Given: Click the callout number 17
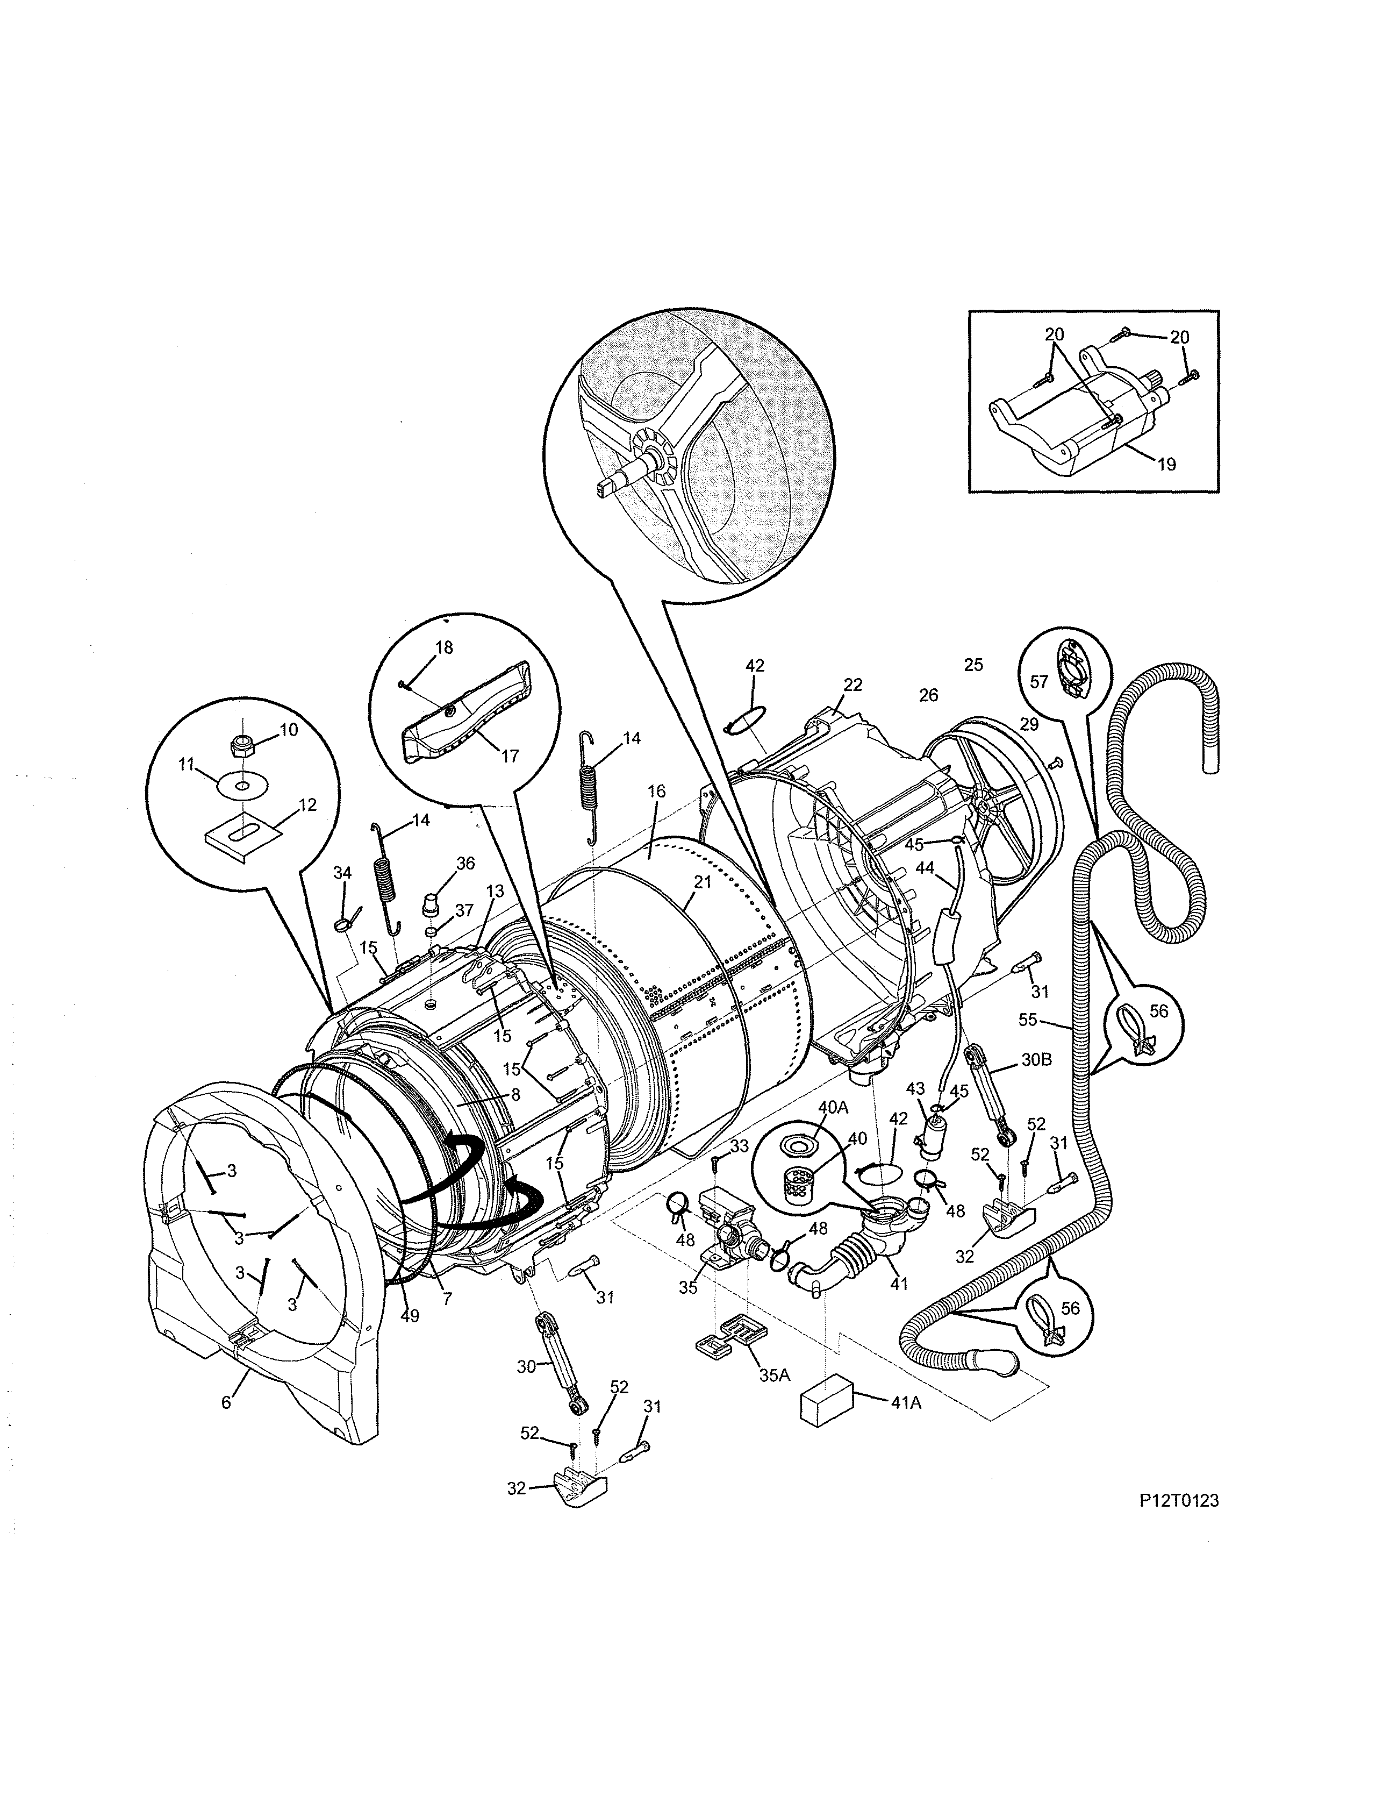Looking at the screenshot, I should (510, 756).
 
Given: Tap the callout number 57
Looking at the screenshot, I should (1040, 682).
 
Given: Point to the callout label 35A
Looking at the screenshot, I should (773, 1373).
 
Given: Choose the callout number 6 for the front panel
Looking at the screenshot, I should (226, 1402).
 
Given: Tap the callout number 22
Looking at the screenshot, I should (852, 684).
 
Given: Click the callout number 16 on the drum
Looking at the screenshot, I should (655, 791).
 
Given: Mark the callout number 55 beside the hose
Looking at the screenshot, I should (1028, 1019).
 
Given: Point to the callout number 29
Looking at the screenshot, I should (1029, 724).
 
